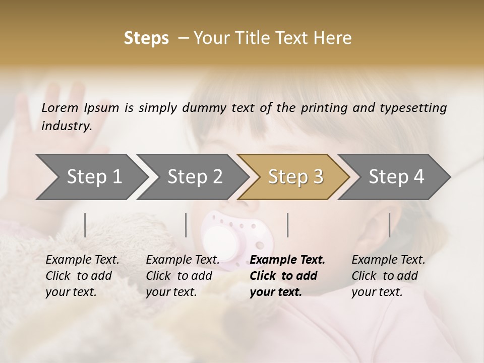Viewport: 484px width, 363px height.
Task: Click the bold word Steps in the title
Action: coord(146,38)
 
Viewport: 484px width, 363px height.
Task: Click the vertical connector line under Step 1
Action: coord(85,225)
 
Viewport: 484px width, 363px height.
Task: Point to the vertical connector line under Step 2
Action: coord(186,225)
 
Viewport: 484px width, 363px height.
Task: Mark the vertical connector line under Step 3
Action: coord(288,225)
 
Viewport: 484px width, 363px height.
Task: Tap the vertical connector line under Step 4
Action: coord(390,225)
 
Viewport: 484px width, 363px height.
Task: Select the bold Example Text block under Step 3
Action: coord(287,276)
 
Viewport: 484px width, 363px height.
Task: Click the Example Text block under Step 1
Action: coord(82,276)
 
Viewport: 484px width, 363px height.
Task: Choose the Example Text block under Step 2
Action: coord(183,276)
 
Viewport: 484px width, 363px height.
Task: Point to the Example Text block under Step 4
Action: coord(388,276)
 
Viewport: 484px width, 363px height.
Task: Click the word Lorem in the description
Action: coord(60,107)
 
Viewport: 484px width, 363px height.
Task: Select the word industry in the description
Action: coord(66,126)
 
